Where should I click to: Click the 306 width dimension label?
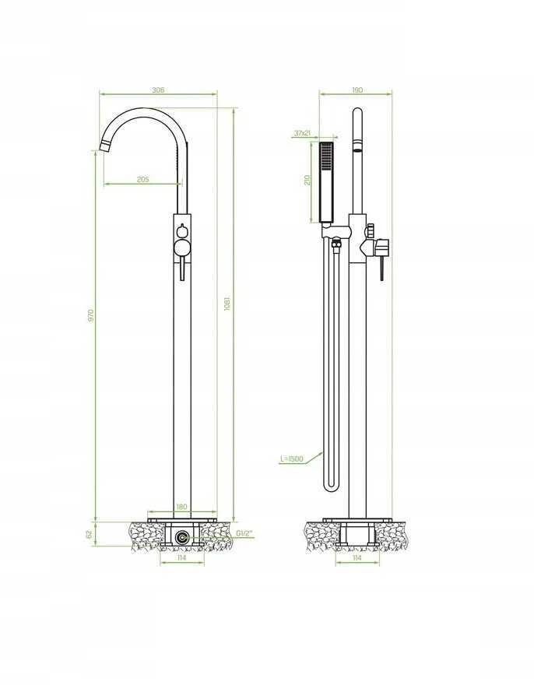click(158, 90)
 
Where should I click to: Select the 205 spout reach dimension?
click(143, 179)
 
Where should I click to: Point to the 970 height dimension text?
click(91, 315)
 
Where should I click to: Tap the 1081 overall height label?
click(227, 304)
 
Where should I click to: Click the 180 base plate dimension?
click(181, 507)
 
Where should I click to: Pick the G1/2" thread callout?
click(244, 533)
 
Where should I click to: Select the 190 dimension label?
click(357, 90)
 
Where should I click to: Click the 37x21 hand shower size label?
click(302, 133)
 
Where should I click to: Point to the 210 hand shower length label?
click(307, 180)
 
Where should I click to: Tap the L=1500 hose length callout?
click(291, 459)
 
